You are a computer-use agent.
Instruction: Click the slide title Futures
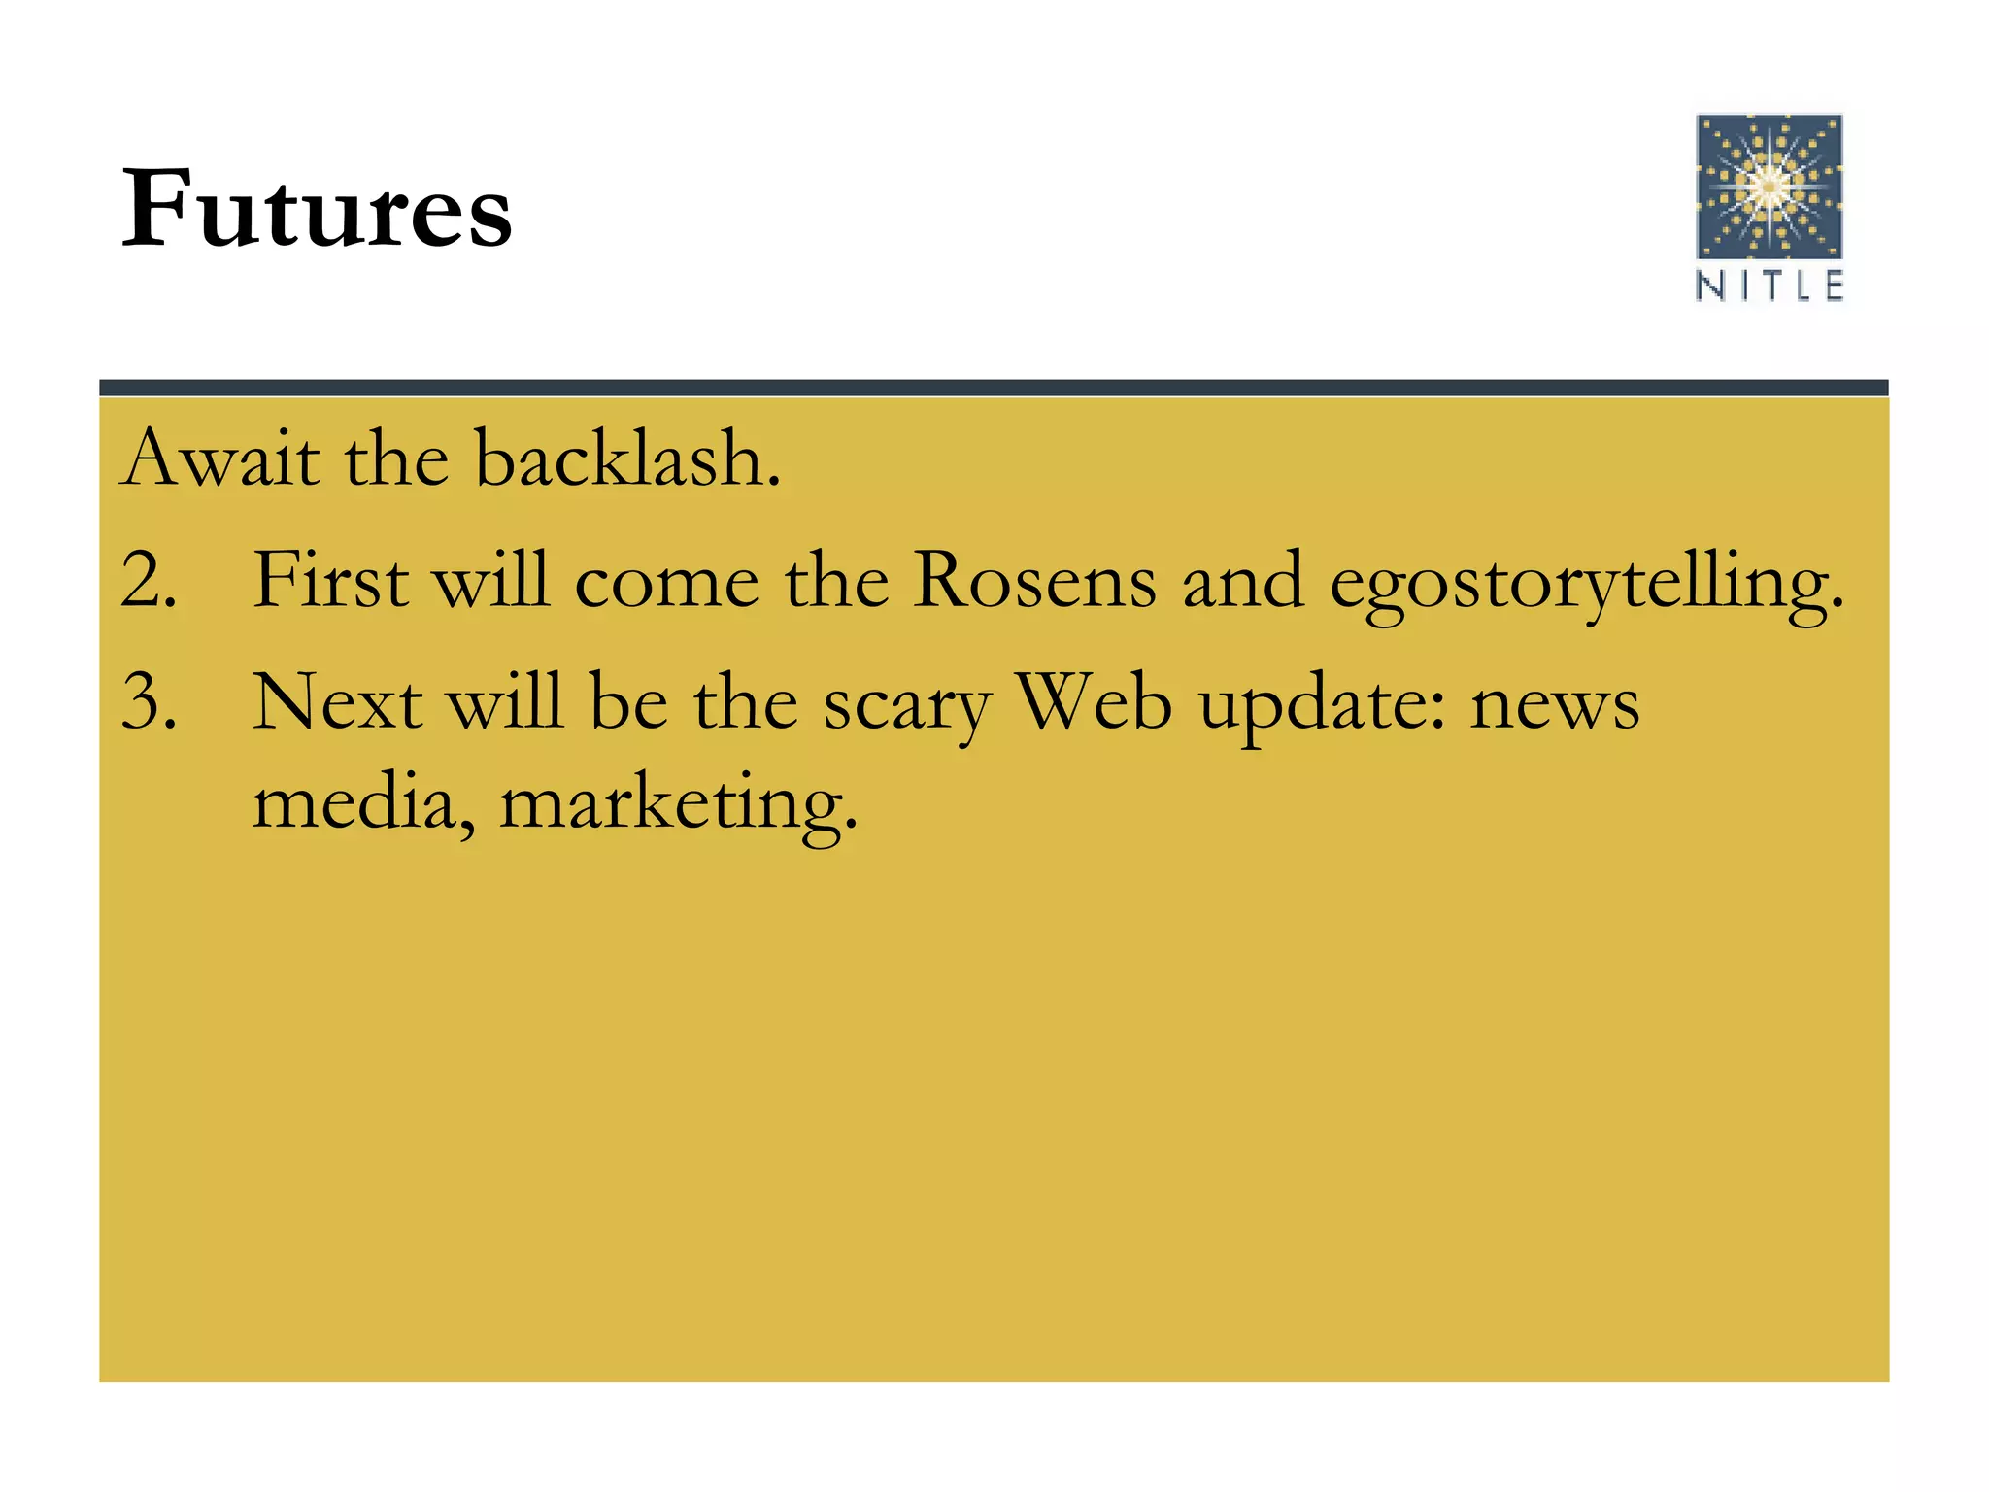pyautogui.click(x=317, y=208)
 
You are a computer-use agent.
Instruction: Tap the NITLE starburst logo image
pyautogui.click(x=1769, y=186)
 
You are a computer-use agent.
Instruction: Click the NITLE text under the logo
pyautogui.click(x=1769, y=286)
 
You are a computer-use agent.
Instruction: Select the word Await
pyautogui.click(x=220, y=458)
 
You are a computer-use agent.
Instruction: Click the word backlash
pyautogui.click(x=626, y=458)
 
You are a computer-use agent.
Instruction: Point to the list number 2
pyautogui.click(x=148, y=581)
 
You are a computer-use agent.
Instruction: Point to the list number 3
pyautogui.click(x=148, y=702)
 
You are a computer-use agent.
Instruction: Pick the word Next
pyautogui.click(x=337, y=702)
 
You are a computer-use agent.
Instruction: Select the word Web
pyautogui.click(x=1095, y=700)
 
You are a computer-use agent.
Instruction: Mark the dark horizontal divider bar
pyautogui.click(x=994, y=388)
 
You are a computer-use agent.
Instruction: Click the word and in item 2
pyautogui.click(x=1242, y=581)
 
